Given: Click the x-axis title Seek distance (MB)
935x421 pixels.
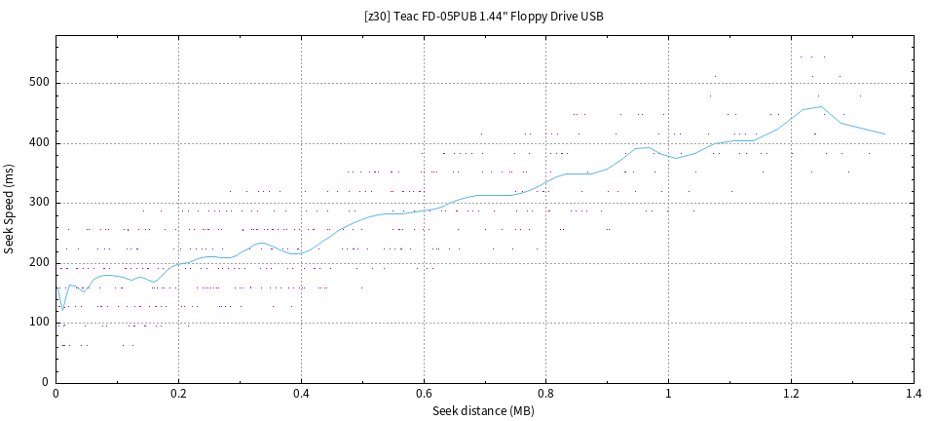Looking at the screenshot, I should coord(483,410).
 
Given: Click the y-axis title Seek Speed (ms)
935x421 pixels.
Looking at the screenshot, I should coord(10,210).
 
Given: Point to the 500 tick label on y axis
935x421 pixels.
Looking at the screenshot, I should coord(39,84).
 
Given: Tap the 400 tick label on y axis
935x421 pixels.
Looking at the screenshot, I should coord(39,143).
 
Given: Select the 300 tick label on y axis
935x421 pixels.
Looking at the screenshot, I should coord(39,203).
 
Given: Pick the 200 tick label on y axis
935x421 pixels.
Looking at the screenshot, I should coord(39,263).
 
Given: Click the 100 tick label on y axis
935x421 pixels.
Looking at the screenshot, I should coord(39,323).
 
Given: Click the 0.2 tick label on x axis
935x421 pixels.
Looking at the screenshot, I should coord(178,394).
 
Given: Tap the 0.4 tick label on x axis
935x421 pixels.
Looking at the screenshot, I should coord(301,394).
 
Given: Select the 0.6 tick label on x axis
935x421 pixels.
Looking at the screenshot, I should coord(424,394).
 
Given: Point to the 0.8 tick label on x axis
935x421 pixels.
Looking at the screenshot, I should coord(546,394).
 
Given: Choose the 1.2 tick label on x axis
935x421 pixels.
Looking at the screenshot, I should coord(791,394).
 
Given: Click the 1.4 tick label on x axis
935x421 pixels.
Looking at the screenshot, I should coord(914,394).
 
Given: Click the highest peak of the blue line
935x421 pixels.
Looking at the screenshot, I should coord(821,107).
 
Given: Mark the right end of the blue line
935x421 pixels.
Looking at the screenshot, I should coord(884,134).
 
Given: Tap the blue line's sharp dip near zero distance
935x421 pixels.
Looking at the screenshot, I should coord(63,311).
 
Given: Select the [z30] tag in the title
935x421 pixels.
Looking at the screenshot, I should coord(378,17).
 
